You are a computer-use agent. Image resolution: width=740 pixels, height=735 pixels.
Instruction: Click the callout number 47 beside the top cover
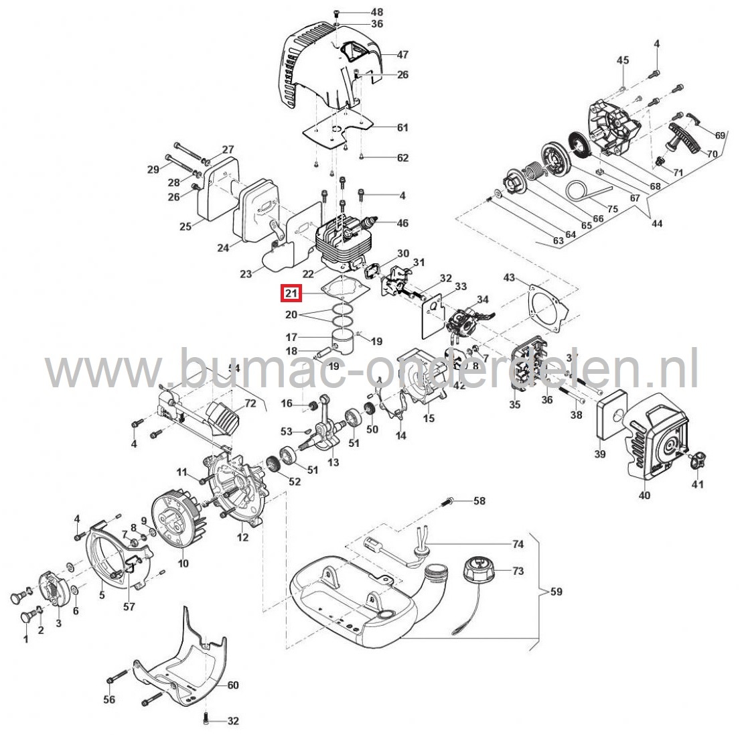point(402,54)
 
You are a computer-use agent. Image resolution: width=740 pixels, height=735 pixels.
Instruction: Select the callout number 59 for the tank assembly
point(557,592)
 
